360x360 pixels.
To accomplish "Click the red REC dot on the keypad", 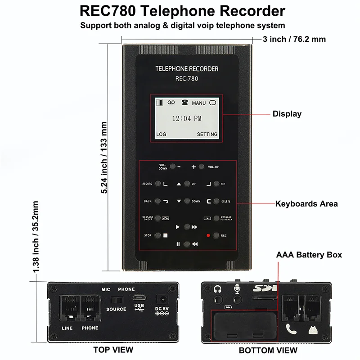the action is [x=208, y=235].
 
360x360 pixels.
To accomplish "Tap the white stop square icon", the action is [x=165, y=235].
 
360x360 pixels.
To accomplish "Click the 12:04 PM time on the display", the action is [x=187, y=119].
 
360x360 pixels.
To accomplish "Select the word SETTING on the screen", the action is [x=207, y=135].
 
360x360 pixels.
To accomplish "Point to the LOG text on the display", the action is [x=161, y=135].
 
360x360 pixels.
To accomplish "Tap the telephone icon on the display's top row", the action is [x=184, y=103].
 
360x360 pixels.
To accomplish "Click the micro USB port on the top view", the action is [x=139, y=298].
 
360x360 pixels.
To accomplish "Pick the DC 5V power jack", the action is [x=161, y=299].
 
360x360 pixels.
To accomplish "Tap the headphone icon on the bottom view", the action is [x=218, y=290].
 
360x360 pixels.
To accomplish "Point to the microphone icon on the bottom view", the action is [x=237, y=290].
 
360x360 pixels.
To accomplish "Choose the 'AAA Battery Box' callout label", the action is [x=309, y=255].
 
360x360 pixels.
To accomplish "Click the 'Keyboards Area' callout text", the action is [x=306, y=204].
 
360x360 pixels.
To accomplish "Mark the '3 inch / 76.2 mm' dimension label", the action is [x=294, y=39].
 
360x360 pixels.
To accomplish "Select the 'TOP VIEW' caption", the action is [x=113, y=350].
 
